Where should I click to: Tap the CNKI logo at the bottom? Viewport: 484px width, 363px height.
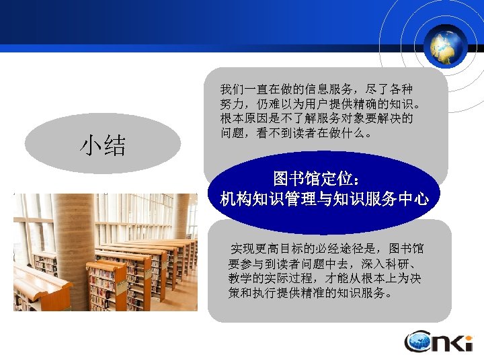tap(438, 342)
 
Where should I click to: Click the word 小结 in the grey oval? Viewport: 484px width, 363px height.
tap(104, 145)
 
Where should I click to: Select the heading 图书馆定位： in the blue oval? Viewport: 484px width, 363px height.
tap(320, 179)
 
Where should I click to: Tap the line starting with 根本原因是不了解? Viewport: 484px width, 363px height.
tap(317, 118)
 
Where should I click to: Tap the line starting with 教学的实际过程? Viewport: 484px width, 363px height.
tap(325, 278)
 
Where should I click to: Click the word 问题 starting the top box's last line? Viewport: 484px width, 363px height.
tap(231, 133)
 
